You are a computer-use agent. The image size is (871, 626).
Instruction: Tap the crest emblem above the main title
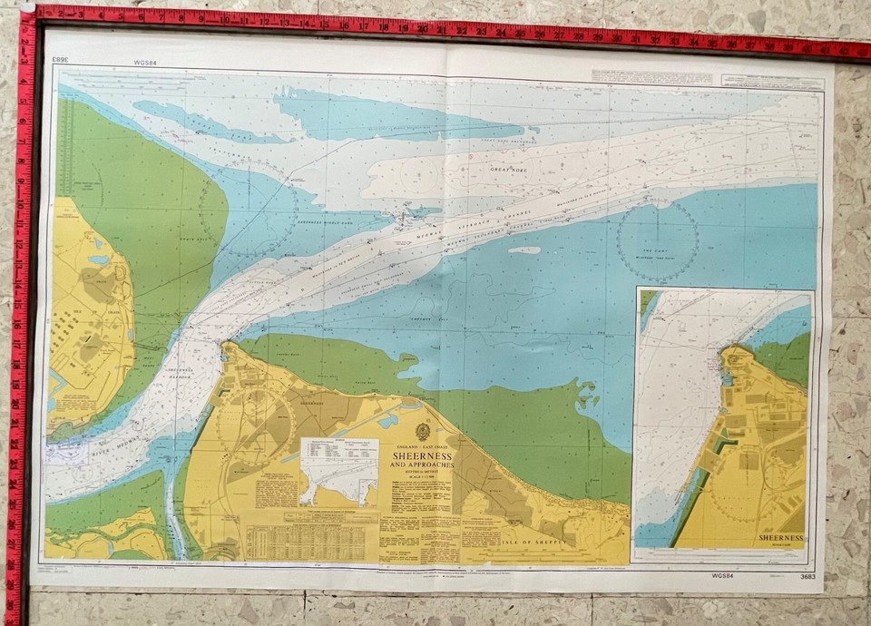click(x=423, y=432)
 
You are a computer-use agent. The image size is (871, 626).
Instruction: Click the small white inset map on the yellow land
click(x=338, y=472)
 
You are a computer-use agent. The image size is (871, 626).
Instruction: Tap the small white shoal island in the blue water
click(x=524, y=250)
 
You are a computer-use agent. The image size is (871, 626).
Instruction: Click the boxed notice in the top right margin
click(x=772, y=81)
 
